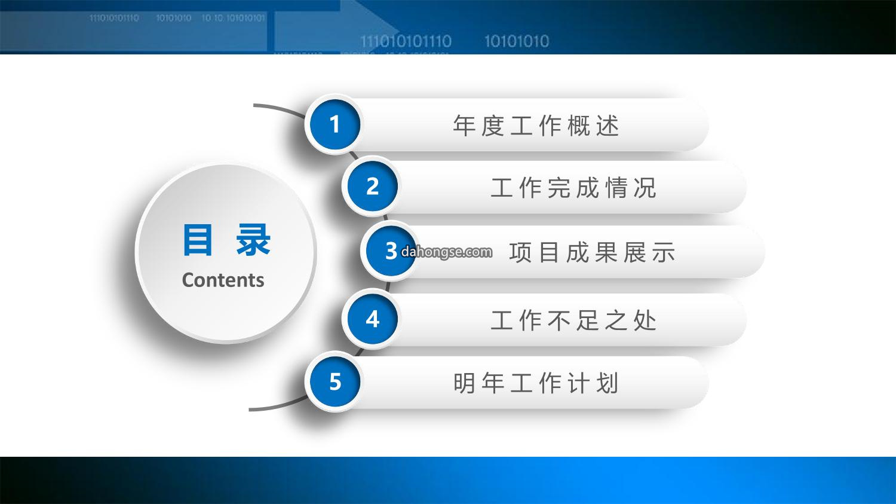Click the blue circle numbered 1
[335, 124]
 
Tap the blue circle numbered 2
[372, 187]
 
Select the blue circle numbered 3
[391, 251]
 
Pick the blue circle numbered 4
[372, 319]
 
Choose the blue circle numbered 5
[335, 381]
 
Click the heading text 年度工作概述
[536, 126]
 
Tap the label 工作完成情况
[573, 187]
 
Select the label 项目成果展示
[593, 252]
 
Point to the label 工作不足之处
[573, 320]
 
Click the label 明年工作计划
[536, 383]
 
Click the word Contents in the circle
[223, 280]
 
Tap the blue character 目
[197, 240]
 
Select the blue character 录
[253, 240]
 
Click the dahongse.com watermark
[446, 252]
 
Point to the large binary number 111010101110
[406, 41]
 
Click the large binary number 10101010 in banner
[517, 41]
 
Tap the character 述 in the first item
[608, 126]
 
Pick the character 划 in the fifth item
[608, 383]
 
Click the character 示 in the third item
[664, 252]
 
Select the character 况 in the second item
[645, 187]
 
